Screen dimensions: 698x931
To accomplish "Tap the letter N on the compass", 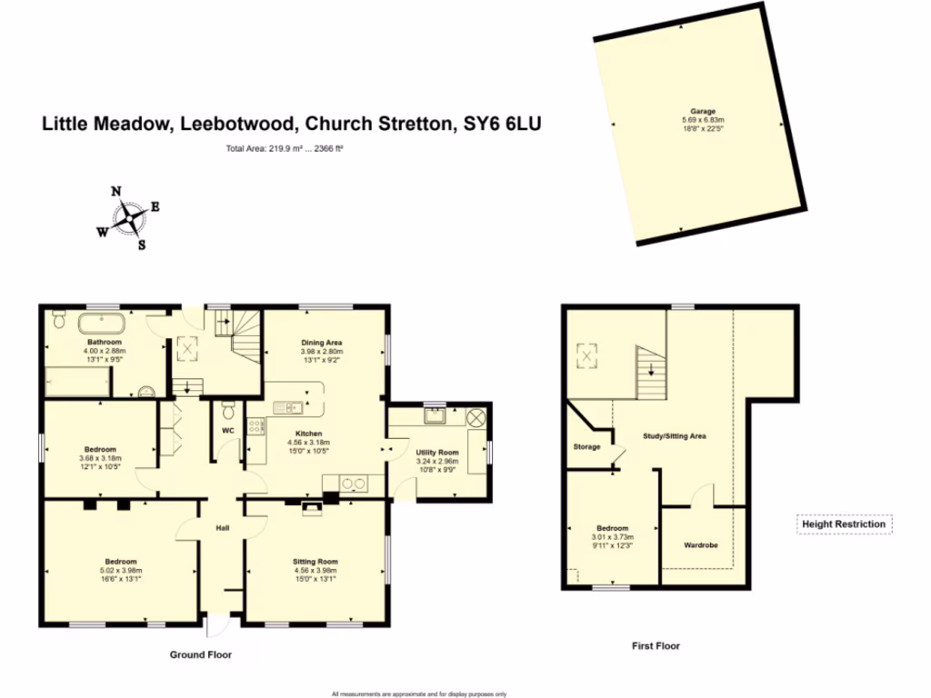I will click(x=116, y=191).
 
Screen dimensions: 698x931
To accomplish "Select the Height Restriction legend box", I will click(x=843, y=524).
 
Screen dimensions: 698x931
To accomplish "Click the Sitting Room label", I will click(x=315, y=562).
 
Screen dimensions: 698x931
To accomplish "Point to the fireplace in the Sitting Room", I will click(x=312, y=507).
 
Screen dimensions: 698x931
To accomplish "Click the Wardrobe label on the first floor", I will click(x=701, y=545).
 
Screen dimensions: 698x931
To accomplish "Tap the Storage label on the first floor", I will click(x=587, y=446).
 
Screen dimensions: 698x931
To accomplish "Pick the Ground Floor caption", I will click(x=201, y=654).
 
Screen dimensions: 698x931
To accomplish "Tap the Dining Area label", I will click(x=322, y=343).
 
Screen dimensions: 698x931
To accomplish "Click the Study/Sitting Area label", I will click(x=675, y=436).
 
